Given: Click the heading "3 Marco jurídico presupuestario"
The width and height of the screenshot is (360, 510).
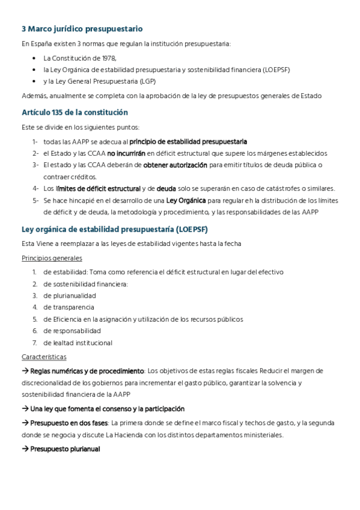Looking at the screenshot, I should [x=82, y=29].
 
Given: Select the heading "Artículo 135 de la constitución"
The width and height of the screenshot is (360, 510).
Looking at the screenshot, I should [x=75, y=112].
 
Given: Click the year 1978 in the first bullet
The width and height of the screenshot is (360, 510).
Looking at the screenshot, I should [x=108, y=58].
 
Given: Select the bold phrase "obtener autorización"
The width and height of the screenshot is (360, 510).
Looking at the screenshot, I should [x=175, y=165].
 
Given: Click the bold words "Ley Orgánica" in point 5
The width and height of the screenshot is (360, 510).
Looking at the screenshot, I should [x=186, y=200].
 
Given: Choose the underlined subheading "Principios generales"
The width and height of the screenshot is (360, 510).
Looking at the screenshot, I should [x=52, y=258].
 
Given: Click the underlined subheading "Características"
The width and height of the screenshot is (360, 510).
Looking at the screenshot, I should [x=44, y=357].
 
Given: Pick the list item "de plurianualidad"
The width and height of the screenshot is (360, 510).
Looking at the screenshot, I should [x=69, y=296].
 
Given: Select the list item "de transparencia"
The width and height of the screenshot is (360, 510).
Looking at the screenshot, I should [x=69, y=307].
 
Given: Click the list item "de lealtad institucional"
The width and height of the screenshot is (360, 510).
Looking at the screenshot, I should [x=78, y=343].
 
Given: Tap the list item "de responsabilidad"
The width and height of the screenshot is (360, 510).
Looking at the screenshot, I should [x=72, y=331].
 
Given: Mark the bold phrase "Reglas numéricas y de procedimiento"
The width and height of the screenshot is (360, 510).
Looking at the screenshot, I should [x=87, y=370].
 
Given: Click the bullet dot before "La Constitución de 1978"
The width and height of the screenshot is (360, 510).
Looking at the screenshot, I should [x=34, y=59].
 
